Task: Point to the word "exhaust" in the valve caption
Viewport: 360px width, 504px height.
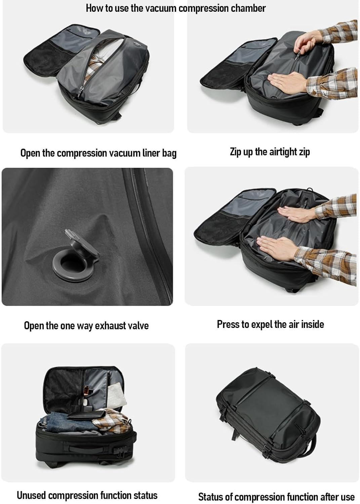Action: tap(107, 326)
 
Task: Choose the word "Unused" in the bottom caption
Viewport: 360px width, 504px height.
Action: tap(31, 495)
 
